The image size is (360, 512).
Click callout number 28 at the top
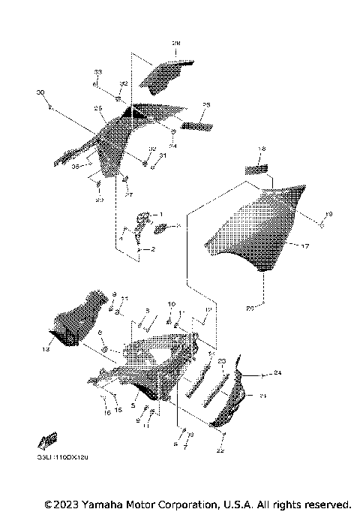pos(177,44)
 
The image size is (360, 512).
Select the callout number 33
pos(97,71)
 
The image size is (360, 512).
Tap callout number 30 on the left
pos(40,92)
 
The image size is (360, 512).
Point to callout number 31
pos(162,155)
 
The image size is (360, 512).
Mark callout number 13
pos(46,349)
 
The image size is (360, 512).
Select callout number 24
pos(277,373)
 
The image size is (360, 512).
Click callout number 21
pos(262,396)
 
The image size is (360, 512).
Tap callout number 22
pos(220,451)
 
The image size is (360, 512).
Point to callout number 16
pos(106,412)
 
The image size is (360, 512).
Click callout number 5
pos(134,405)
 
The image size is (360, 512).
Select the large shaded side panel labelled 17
pos(255,225)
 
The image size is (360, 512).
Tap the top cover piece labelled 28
pos(169,75)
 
